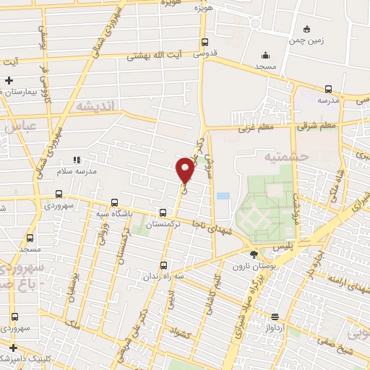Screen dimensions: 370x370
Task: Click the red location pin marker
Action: (185, 169)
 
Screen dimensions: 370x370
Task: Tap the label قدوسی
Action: (206, 53)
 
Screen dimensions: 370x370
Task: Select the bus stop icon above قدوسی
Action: (205, 42)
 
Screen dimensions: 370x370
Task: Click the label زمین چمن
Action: (309, 40)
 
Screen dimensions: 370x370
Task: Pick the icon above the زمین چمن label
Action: (307, 29)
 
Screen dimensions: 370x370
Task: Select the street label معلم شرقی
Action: (317, 127)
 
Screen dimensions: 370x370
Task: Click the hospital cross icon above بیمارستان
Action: (9, 80)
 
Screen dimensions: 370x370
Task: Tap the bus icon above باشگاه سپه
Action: (114, 203)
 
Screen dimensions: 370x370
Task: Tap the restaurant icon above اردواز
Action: (275, 316)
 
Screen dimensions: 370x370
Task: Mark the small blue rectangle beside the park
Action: (223, 196)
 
